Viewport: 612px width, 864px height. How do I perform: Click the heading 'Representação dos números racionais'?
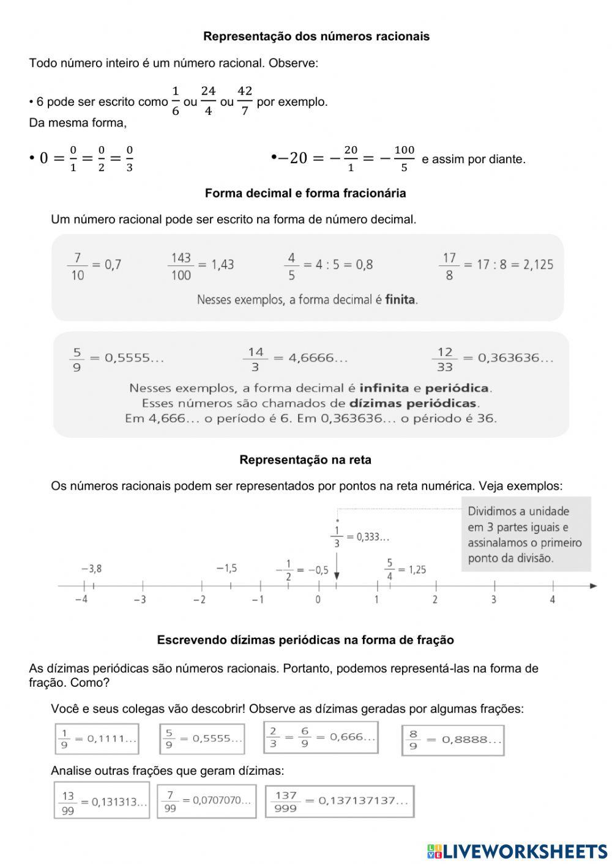pyautogui.click(x=316, y=37)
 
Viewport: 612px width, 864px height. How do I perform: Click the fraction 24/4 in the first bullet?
pyautogui.click(x=208, y=101)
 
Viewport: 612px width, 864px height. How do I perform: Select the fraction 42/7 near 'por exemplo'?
pyautogui.click(x=245, y=101)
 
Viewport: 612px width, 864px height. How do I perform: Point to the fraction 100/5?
pyautogui.click(x=404, y=158)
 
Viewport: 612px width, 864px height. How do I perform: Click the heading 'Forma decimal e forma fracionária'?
pyautogui.click(x=305, y=193)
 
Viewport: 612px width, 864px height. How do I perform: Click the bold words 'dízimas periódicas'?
pyautogui.click(x=413, y=404)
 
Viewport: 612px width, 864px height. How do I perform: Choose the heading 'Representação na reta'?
pyautogui.click(x=305, y=460)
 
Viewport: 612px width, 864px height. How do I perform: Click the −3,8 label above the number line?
pyautogui.click(x=91, y=569)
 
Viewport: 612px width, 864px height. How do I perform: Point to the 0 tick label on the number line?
pyautogui.click(x=318, y=600)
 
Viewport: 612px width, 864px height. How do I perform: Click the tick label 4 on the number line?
pyautogui.click(x=552, y=600)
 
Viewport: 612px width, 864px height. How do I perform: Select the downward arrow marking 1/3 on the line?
pyautogui.click(x=337, y=571)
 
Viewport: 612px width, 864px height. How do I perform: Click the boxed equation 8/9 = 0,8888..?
pyautogui.click(x=453, y=740)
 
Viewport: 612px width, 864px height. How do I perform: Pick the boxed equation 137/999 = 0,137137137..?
pyautogui.click(x=340, y=802)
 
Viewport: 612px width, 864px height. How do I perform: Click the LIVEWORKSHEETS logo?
pyautogui.click(x=517, y=851)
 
